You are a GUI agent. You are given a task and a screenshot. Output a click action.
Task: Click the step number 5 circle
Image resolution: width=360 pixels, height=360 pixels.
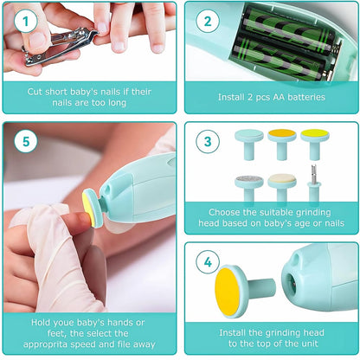click(25, 141)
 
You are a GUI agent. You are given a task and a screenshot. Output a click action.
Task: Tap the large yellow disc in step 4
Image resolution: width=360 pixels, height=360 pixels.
click(233, 292)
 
